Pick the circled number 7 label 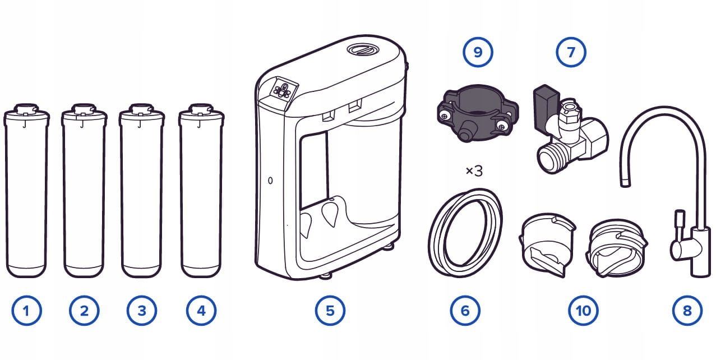coord(571,53)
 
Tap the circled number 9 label coord(478,53)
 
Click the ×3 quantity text coord(474,171)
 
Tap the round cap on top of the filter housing coord(362,49)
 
